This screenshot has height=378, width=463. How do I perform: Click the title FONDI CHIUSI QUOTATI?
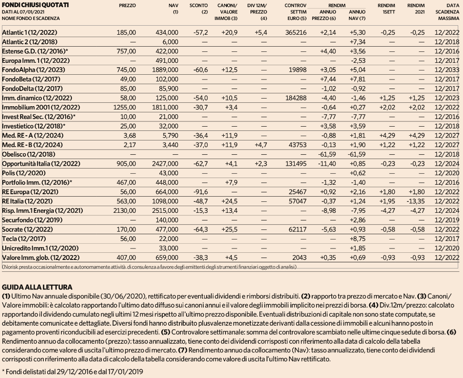(35, 5)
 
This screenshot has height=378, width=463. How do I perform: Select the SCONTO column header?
(198, 5)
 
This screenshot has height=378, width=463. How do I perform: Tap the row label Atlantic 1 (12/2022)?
(30, 32)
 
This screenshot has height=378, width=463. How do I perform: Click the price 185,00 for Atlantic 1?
(126, 32)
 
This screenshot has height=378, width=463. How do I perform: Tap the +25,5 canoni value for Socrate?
(229, 229)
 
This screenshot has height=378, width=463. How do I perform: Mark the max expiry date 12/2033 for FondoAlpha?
(447, 70)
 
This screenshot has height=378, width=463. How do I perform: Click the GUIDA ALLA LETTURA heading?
(37, 287)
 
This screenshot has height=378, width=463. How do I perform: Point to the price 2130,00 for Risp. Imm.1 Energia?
(125, 211)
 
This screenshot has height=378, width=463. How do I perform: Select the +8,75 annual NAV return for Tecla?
(357, 239)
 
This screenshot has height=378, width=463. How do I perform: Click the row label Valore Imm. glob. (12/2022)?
(41, 258)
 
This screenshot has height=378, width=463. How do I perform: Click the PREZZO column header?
(127, 5)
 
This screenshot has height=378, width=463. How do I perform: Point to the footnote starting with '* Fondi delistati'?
(72, 371)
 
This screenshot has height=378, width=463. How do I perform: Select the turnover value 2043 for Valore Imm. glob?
(300, 258)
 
